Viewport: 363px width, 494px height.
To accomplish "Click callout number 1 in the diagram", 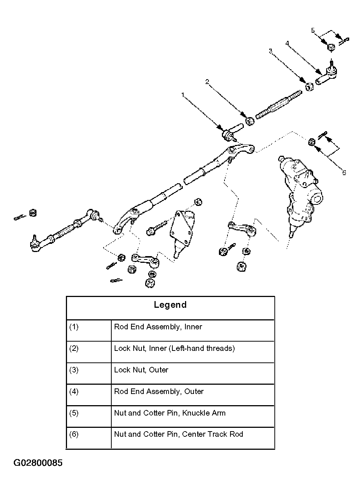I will click(x=183, y=96).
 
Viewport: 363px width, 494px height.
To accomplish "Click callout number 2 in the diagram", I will click(x=207, y=82).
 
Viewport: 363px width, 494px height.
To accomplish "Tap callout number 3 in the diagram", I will click(x=271, y=51).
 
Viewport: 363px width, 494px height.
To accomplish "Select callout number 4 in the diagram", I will click(x=287, y=43).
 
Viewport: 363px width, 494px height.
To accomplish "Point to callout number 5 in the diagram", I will click(x=313, y=30).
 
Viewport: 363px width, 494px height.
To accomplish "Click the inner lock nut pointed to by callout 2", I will click(x=250, y=120).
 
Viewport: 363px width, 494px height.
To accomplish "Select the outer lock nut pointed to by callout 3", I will click(x=309, y=87).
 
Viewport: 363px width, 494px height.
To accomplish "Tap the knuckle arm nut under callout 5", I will click(x=331, y=47).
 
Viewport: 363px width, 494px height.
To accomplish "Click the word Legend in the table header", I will click(x=170, y=305).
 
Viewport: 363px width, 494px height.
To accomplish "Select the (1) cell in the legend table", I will click(x=74, y=327).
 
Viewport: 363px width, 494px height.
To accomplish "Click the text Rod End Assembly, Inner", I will click(x=158, y=327).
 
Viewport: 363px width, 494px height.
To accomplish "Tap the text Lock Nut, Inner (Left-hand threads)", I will click(x=174, y=349).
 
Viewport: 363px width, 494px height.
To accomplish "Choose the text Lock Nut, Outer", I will click(x=141, y=370).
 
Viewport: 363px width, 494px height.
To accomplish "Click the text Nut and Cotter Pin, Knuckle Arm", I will click(x=170, y=413).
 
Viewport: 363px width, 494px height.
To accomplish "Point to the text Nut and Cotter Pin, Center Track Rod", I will click(x=178, y=434).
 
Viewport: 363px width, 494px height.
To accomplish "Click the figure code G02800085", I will click(x=38, y=463).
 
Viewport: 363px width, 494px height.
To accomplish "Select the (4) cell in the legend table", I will click(x=74, y=391).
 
